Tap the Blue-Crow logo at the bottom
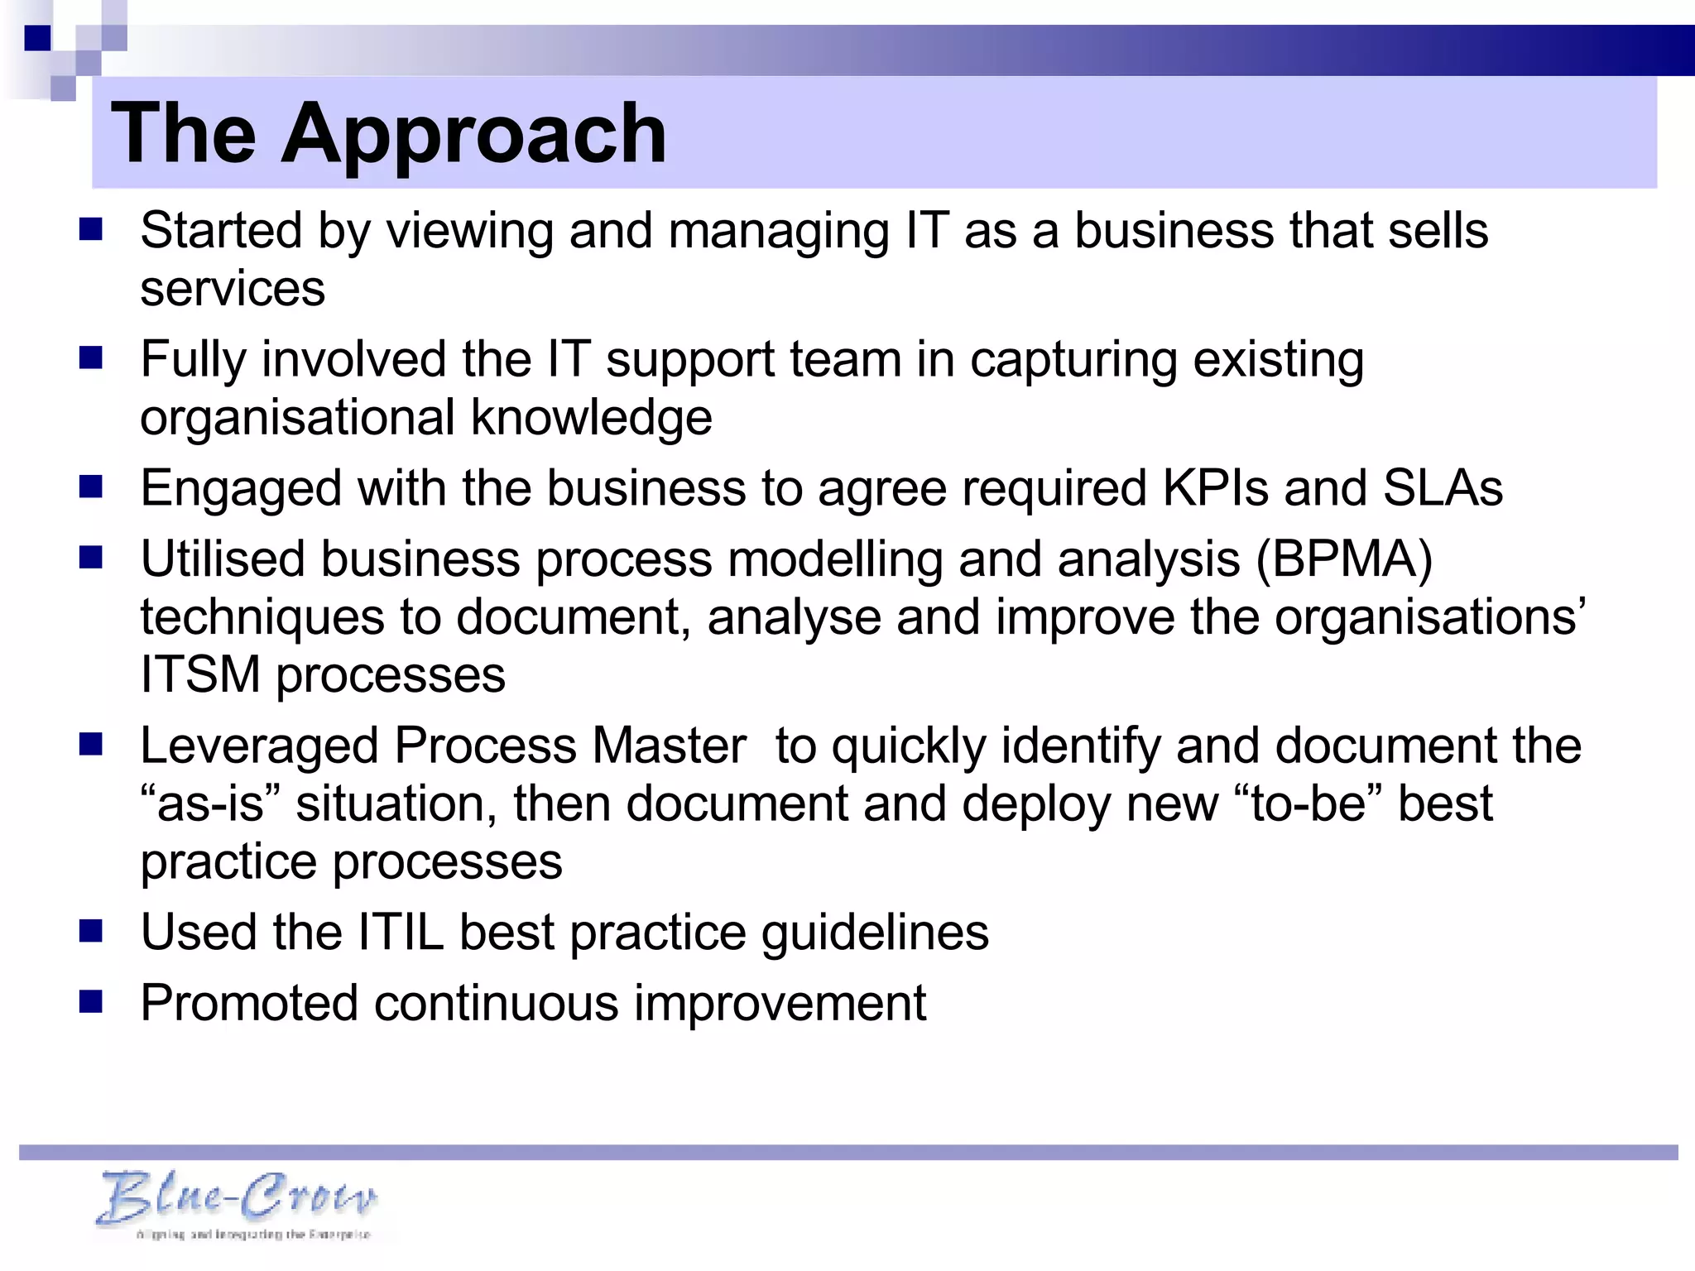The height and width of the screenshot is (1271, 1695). pos(238,1202)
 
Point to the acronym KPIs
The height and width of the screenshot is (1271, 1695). pos(1215,488)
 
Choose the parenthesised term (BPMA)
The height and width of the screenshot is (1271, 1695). pos(1344,559)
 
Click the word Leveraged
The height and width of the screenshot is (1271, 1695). pos(259,746)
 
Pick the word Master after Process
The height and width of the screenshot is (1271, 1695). pos(669,746)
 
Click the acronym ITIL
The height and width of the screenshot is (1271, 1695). pos(401,933)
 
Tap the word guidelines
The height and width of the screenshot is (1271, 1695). pos(875,933)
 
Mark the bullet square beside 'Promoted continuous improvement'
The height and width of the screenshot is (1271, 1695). pos(90,1002)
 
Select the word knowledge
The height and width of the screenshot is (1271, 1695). pos(591,418)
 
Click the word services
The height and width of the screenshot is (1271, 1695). pos(233,289)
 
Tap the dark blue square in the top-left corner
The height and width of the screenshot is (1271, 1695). pos(37,38)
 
